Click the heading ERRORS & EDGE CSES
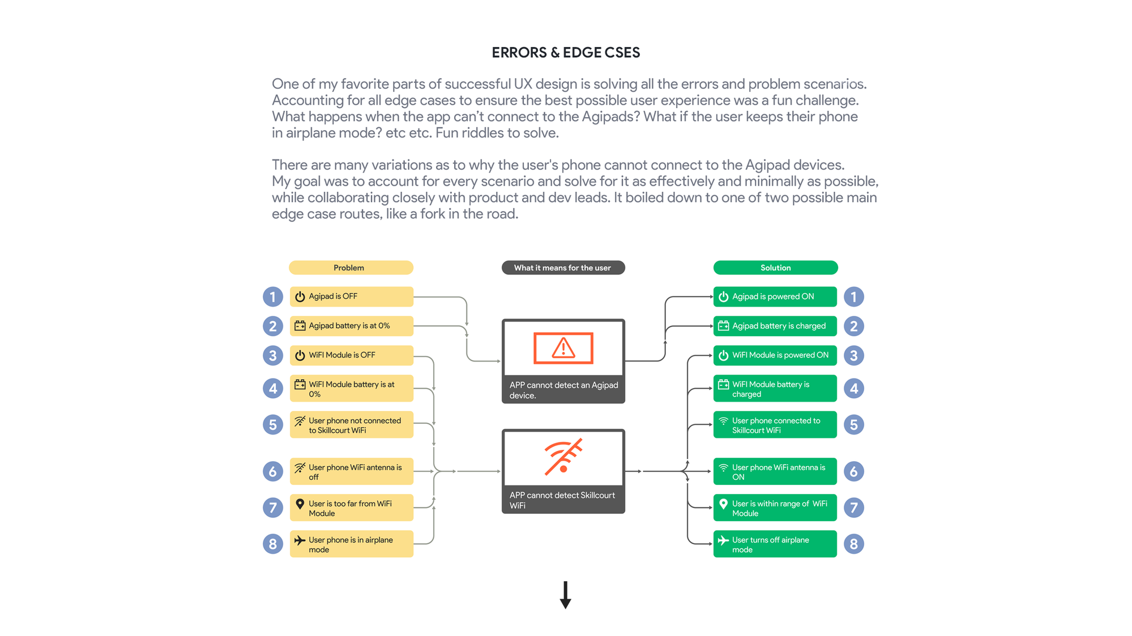tap(566, 53)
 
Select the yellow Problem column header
tap(351, 268)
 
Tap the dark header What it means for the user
tap(563, 268)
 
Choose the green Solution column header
tap(775, 268)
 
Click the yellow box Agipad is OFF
tap(351, 296)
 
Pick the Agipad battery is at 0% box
tap(351, 326)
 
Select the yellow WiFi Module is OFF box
tap(351, 355)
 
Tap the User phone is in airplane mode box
tap(351, 544)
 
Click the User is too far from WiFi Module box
tap(351, 508)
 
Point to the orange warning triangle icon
tap(563, 348)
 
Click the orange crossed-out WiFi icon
tap(563, 456)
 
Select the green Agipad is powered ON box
tap(775, 296)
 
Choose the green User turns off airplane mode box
tap(775, 544)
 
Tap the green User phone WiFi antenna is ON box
tap(775, 471)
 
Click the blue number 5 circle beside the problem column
tap(273, 424)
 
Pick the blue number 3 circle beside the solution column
tap(854, 355)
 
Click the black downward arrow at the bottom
tap(565, 595)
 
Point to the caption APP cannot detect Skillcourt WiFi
tap(562, 500)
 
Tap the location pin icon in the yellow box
tap(300, 504)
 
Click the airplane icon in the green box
tap(723, 540)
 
